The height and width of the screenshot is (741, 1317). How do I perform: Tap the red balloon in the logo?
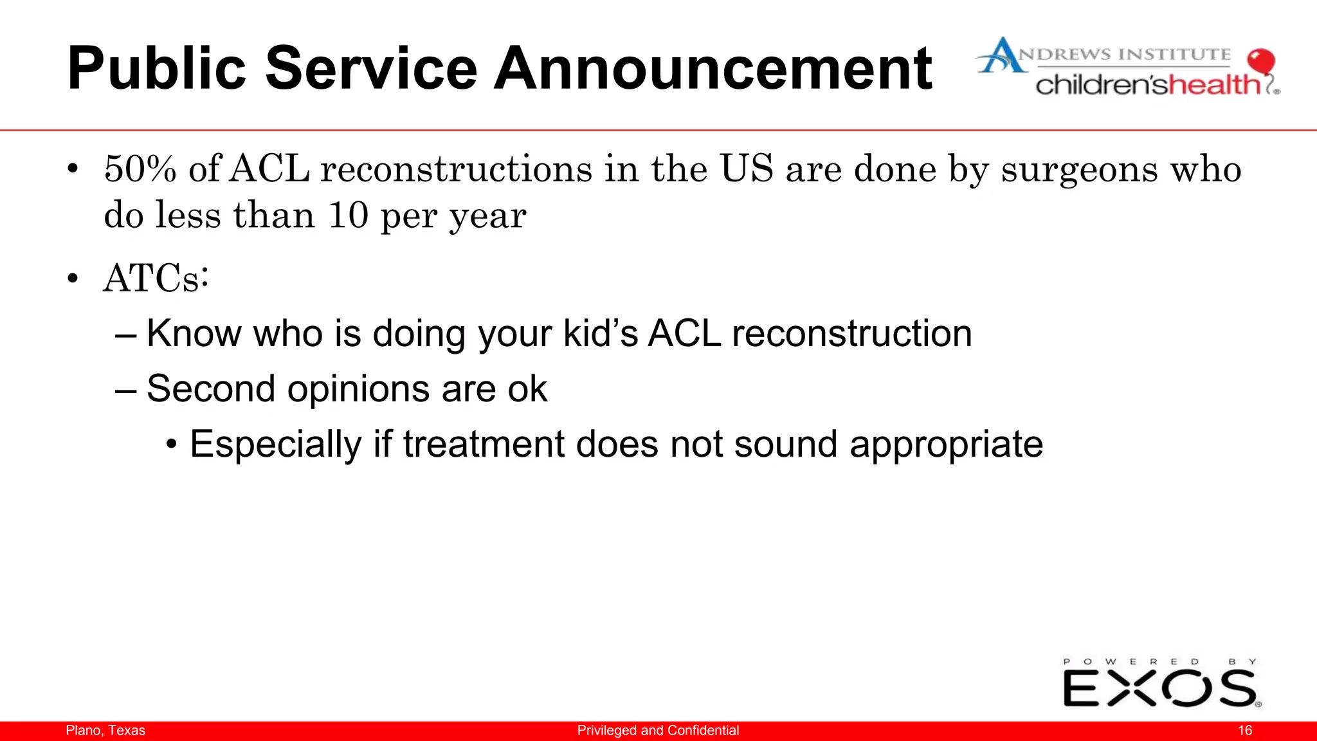tap(1260, 62)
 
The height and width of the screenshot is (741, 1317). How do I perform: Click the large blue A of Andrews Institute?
tap(1000, 57)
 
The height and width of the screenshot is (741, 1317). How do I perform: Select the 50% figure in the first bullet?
tap(140, 169)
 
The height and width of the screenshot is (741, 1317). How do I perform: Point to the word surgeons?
tap(1079, 170)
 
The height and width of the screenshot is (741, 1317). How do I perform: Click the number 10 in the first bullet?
tap(348, 215)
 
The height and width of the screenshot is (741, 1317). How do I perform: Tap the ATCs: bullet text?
tap(156, 279)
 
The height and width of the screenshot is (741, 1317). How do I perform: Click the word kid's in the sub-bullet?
tap(600, 333)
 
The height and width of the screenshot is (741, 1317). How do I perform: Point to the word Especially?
tap(276, 444)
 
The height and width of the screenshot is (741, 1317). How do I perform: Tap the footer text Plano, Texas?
tap(105, 731)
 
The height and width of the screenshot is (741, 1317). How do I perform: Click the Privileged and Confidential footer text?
tap(658, 731)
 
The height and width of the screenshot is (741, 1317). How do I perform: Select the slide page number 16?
tap(1245, 731)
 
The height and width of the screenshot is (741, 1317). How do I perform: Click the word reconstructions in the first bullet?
tap(456, 169)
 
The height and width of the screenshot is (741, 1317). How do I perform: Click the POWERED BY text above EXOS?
tap(1159, 661)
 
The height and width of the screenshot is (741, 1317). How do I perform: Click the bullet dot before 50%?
tap(73, 170)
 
